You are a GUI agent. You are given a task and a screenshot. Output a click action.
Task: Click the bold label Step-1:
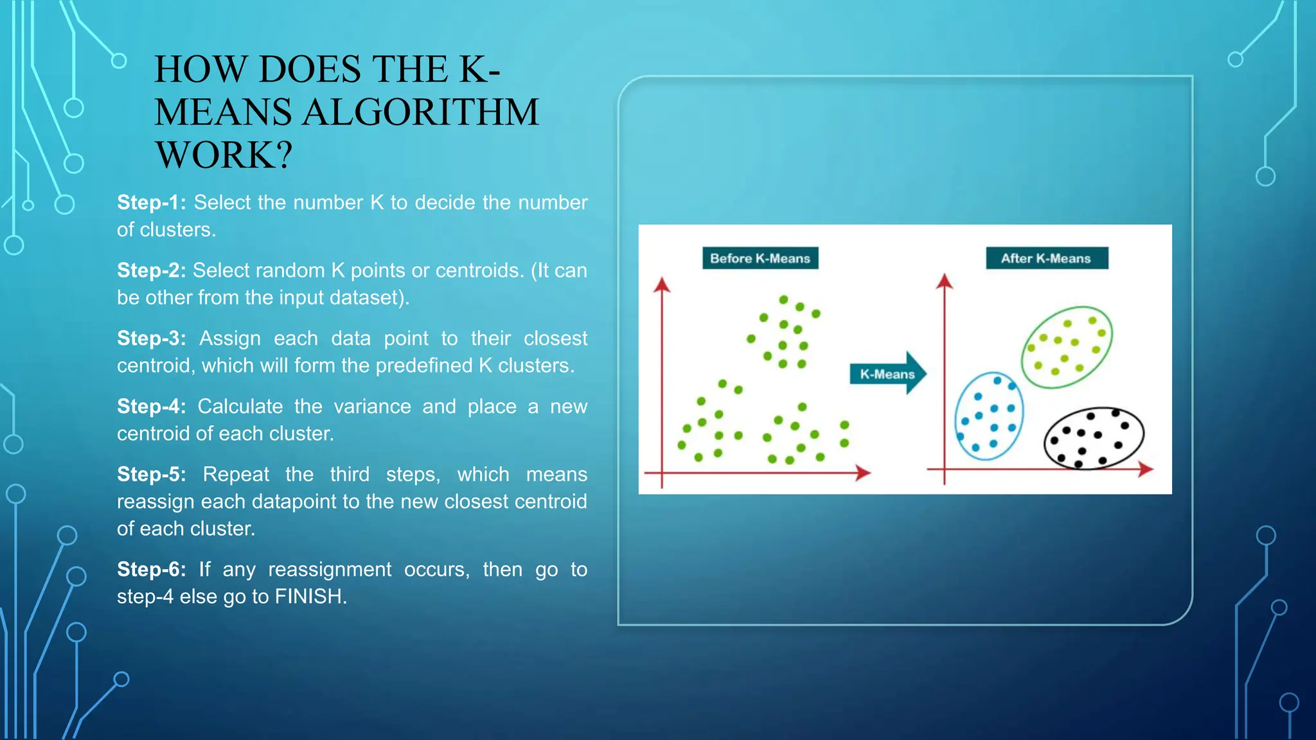tap(151, 202)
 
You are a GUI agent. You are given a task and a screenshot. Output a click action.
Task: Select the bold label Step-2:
tap(151, 270)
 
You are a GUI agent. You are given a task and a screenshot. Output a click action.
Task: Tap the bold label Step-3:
tap(151, 339)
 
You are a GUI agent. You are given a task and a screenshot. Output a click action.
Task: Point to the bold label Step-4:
tap(151, 407)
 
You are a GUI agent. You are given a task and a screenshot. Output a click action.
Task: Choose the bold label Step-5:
tap(151, 475)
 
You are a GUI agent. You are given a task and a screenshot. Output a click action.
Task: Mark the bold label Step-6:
tap(151, 570)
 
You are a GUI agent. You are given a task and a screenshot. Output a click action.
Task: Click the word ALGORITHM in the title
tap(420, 112)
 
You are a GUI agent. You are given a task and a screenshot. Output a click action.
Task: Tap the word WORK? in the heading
tap(224, 155)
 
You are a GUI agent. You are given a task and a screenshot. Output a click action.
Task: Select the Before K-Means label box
tap(760, 258)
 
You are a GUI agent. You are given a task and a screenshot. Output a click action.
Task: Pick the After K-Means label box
tap(1046, 258)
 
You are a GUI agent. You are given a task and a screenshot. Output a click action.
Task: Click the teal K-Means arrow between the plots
tap(889, 373)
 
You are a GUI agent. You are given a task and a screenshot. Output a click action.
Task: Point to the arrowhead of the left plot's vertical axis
tap(662, 285)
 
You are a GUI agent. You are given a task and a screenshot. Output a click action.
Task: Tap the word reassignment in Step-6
tap(330, 570)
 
